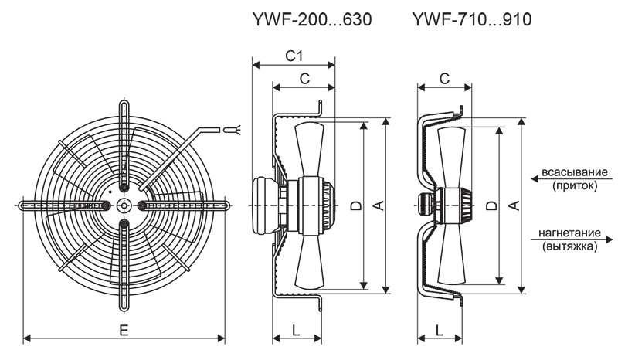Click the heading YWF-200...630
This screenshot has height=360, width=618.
coord(312,19)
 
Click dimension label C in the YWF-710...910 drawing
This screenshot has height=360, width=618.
coord(444,77)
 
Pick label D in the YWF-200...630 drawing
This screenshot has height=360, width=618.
coord(355,205)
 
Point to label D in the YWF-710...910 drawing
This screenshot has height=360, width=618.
coord(491,205)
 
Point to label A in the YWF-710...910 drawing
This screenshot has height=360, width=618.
coord(514,205)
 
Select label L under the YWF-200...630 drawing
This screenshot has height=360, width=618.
coord(297,330)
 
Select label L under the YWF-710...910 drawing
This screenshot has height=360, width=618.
coord(439,330)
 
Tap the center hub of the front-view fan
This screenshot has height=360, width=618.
coord(124,205)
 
